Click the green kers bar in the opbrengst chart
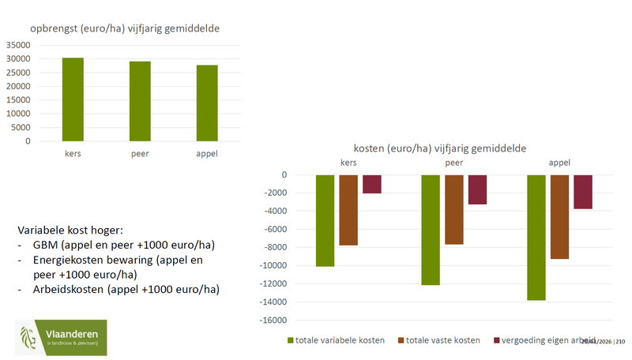point(73,99)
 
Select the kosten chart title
point(440,148)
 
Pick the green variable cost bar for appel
point(536,237)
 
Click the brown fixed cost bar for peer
point(453,209)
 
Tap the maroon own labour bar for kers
point(371,184)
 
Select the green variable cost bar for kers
point(325,220)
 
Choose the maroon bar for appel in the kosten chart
point(582,191)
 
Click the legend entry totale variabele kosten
point(335,340)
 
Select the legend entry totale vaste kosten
point(442,340)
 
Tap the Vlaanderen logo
point(61,338)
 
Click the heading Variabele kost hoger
point(70,230)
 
